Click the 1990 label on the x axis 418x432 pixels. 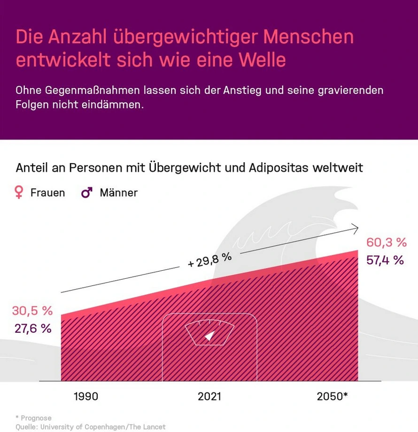pyautogui.click(x=86, y=396)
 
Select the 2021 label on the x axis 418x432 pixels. pyautogui.click(x=209, y=396)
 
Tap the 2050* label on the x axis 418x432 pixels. pyautogui.click(x=332, y=396)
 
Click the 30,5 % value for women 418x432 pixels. pyautogui.click(x=32, y=311)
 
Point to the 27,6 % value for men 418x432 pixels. pyautogui.click(x=32, y=329)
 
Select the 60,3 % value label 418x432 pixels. pyautogui.click(x=386, y=243)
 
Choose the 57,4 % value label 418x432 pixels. pyautogui.click(x=385, y=260)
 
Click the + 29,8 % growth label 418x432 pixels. pyautogui.click(x=209, y=260)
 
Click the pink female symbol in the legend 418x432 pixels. pyautogui.click(x=19, y=192)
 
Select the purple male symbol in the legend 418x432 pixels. pyautogui.click(x=87, y=192)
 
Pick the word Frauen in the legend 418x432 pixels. pyautogui.click(x=47, y=193)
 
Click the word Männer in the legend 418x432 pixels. pyautogui.click(x=118, y=193)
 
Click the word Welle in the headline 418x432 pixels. pyautogui.click(x=261, y=60)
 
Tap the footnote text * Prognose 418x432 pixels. pyautogui.click(x=33, y=418)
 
